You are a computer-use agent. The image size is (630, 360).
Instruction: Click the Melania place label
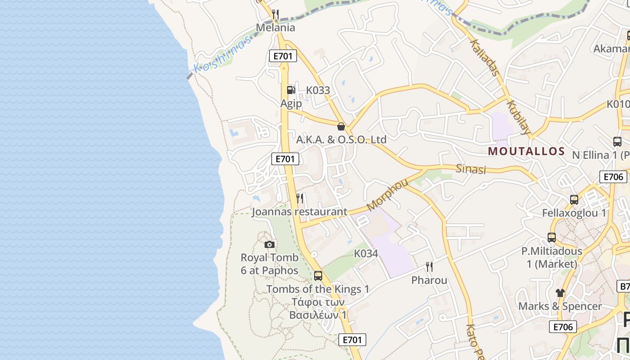275,27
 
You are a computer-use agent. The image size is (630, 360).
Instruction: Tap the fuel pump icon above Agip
291,90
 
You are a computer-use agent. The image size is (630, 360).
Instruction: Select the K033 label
318,90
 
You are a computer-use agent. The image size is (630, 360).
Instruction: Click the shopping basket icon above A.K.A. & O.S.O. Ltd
341,126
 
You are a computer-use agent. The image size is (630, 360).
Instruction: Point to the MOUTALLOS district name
526,151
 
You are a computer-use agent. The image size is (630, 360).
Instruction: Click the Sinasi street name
471,169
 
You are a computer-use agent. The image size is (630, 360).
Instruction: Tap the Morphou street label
387,194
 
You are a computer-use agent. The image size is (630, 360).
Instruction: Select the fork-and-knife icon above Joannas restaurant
300,198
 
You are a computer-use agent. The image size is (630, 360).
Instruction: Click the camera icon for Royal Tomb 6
270,244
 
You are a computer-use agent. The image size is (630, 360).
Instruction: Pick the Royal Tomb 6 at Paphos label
270,264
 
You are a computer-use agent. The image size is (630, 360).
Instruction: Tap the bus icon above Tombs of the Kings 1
318,275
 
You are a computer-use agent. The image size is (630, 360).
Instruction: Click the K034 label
366,253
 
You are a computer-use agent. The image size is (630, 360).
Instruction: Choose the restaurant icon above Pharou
429,267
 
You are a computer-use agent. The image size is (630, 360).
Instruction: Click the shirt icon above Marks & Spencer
560,292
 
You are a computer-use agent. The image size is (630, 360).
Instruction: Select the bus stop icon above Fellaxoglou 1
574,199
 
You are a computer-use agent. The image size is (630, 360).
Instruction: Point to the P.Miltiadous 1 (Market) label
552,257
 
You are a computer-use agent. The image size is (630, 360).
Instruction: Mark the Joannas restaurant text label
299,211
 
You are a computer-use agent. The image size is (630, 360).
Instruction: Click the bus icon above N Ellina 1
617,142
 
